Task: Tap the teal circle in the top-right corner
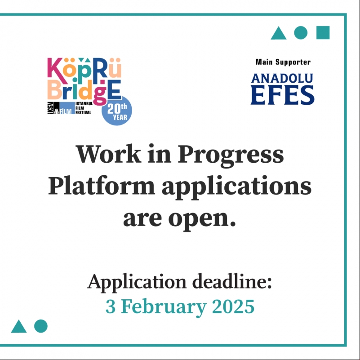click(x=301, y=33)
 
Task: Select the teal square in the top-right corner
click(x=323, y=33)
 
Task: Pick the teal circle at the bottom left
click(x=40, y=326)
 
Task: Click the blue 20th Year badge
click(x=117, y=111)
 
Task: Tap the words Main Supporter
click(x=283, y=62)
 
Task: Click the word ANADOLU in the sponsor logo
click(x=282, y=78)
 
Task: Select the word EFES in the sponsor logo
click(x=282, y=95)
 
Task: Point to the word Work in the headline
click(x=108, y=154)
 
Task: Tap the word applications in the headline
click(x=236, y=187)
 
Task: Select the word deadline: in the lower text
click(x=232, y=281)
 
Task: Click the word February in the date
click(x=164, y=308)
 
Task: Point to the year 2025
click(x=233, y=306)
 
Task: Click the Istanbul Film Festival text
click(x=84, y=108)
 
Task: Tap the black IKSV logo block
click(x=53, y=108)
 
